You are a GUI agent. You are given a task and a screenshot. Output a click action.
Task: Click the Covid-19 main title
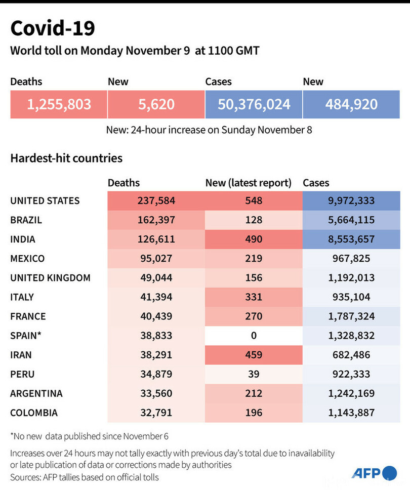point(53,28)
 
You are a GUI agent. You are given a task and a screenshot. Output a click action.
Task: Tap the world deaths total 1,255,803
point(59,105)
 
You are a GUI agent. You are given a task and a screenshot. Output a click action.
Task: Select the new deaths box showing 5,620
point(156,105)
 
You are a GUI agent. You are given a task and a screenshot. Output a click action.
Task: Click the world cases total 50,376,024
point(254,105)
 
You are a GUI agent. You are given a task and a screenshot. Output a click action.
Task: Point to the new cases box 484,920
point(351,105)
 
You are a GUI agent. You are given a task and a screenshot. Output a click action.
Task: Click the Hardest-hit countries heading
point(66,158)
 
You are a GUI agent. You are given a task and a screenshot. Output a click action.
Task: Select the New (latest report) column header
point(248,183)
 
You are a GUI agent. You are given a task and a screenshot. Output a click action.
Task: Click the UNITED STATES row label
point(45,201)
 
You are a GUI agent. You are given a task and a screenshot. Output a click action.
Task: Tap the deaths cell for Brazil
point(156,220)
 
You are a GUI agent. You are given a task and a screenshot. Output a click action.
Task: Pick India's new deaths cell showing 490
point(254,239)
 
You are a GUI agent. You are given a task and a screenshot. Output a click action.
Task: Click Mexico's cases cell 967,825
point(351,259)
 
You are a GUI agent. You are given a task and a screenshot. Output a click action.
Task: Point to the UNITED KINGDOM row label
point(50,278)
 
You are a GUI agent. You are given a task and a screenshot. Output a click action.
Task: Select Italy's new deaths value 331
point(254,297)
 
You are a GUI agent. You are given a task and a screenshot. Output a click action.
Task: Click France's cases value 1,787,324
point(351,316)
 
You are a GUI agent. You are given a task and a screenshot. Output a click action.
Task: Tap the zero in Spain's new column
point(254,336)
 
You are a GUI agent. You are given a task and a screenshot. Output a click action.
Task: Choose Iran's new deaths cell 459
point(254,355)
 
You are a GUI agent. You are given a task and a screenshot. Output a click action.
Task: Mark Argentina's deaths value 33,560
point(156,393)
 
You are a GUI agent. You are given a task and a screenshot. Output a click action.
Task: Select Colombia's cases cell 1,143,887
point(351,413)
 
